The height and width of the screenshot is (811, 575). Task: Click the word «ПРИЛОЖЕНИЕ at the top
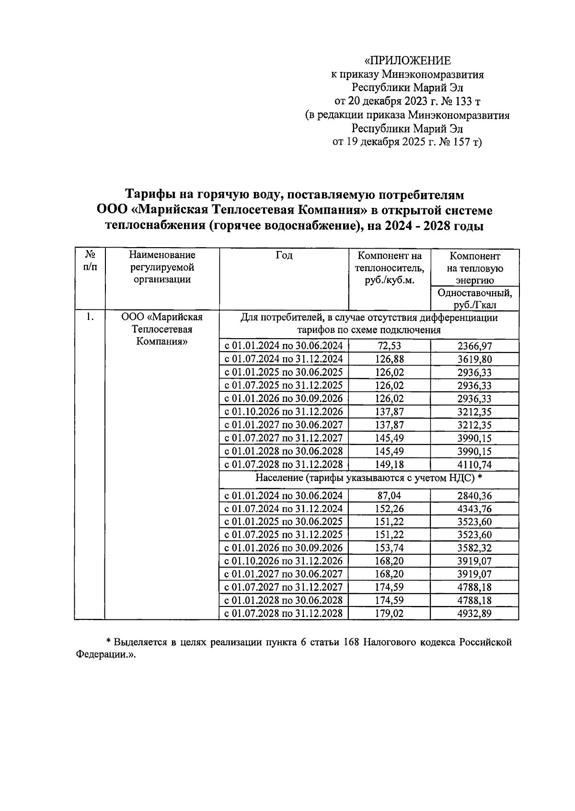408,61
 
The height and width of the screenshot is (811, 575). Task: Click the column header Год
284,256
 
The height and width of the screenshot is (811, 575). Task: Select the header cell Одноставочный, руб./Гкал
474,298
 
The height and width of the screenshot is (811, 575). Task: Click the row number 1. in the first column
89,317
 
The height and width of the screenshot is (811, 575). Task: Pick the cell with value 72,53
389,346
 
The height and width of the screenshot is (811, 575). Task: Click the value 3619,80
474,359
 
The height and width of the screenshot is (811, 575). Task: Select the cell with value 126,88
389,359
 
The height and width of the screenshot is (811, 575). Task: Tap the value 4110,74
474,464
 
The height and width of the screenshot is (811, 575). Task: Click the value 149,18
389,464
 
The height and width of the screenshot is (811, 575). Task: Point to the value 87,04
389,496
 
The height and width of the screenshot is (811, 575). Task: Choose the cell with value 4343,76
474,509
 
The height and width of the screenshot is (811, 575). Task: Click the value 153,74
389,548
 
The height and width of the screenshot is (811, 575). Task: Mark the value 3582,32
474,548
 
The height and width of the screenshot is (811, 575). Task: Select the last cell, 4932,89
474,614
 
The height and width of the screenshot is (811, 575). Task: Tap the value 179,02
389,614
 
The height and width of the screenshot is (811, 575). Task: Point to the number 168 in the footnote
350,642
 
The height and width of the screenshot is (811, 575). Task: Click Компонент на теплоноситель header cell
389,268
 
